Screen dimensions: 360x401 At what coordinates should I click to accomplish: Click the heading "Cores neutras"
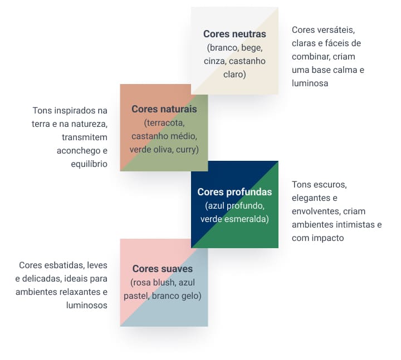(x=234, y=34)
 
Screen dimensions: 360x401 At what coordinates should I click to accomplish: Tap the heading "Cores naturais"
(x=164, y=109)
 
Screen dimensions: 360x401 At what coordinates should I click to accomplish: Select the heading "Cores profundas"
(x=234, y=192)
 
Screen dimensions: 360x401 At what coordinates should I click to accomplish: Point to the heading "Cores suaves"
(x=163, y=269)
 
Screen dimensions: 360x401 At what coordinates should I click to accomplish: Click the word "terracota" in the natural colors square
(x=166, y=123)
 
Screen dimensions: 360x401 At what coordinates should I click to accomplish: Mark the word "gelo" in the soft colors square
(x=190, y=296)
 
